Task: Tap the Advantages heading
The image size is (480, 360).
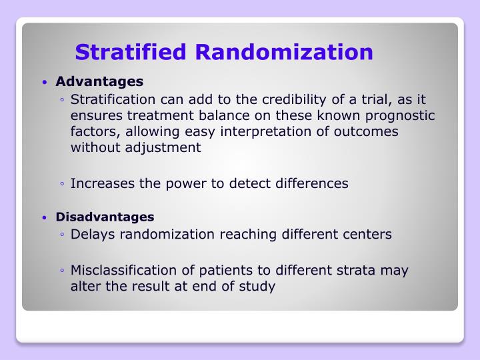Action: click(x=99, y=82)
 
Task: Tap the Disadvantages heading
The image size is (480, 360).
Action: click(x=105, y=217)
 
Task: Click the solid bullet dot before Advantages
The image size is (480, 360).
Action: click(x=44, y=83)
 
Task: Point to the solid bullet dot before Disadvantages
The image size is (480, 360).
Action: click(x=44, y=218)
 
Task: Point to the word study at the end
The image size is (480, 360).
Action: click(x=257, y=287)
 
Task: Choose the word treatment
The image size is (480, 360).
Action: click(x=149, y=116)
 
